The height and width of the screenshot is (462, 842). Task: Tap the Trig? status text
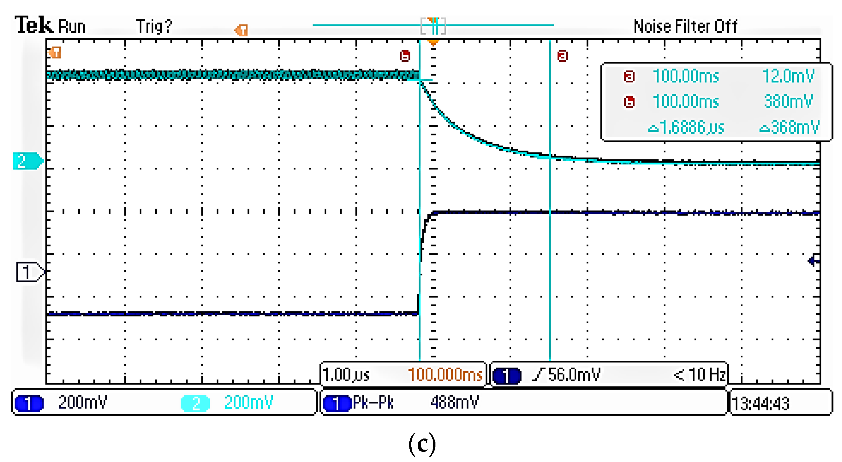pos(154,26)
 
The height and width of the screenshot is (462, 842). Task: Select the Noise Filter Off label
pos(685,26)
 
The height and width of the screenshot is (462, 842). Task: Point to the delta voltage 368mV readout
pos(789,127)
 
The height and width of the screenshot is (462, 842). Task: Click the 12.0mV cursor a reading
pos(788,76)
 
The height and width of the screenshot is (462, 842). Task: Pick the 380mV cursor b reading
pos(788,102)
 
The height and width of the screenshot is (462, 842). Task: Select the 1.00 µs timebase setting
pos(346,375)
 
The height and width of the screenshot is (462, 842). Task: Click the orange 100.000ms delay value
pos(445,375)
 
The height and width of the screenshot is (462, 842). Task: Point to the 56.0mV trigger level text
pos(574,375)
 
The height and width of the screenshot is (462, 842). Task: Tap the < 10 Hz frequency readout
pos(699,375)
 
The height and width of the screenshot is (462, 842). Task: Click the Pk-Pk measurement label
pos(373,403)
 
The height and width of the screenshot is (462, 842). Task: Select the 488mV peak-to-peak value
pos(454,403)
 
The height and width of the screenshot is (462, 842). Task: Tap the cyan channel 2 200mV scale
pos(249,403)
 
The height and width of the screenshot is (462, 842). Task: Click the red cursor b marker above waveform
pos(405,56)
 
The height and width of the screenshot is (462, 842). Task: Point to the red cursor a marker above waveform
pos(562,56)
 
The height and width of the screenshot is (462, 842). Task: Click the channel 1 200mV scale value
pos(83,403)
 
